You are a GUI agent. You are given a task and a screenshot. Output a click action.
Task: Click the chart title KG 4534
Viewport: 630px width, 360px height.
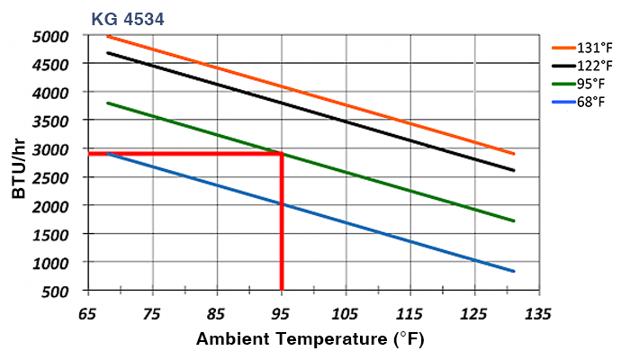pyautogui.click(x=127, y=16)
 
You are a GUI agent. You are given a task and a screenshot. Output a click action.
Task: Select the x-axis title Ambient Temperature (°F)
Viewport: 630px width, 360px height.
pyautogui.click(x=310, y=339)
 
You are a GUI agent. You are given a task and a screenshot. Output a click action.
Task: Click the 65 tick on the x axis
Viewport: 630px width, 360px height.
pyautogui.click(x=88, y=314)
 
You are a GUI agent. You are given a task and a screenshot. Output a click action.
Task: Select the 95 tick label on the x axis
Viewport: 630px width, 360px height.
pyautogui.click(x=282, y=314)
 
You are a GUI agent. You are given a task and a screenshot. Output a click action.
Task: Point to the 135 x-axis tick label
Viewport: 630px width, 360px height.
pyautogui.click(x=538, y=314)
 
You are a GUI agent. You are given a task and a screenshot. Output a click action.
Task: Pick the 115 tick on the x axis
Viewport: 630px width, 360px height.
pyautogui.click(x=409, y=314)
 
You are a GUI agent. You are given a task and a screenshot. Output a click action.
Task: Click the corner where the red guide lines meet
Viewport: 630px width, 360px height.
pyautogui.click(x=282, y=154)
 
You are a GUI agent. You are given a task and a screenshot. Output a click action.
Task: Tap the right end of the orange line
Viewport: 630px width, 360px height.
pyautogui.click(x=513, y=153)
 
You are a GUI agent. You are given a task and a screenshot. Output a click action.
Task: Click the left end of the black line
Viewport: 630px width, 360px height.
pyautogui.click(x=107, y=52)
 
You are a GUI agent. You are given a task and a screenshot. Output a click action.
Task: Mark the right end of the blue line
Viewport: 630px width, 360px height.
pyautogui.click(x=513, y=271)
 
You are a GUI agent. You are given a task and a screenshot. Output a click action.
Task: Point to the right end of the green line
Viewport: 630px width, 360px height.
pyautogui.click(x=513, y=220)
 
